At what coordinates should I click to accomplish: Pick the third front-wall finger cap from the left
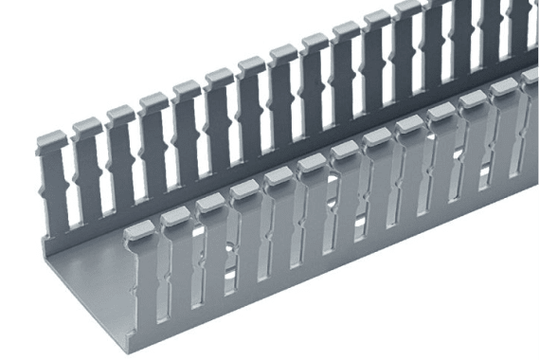tap(208, 203)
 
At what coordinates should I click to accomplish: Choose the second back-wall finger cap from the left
tap(86, 126)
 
